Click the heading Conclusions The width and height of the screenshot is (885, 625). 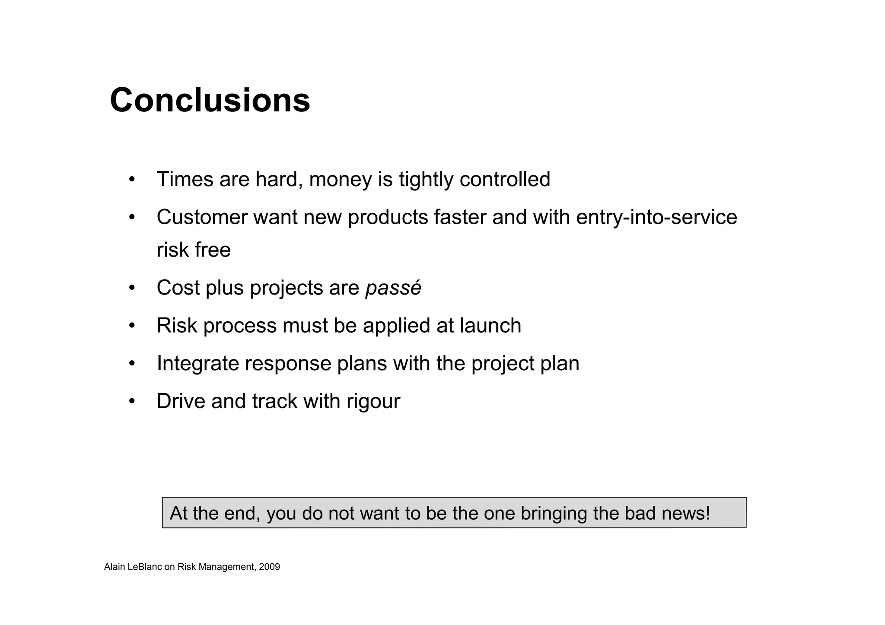tap(210, 100)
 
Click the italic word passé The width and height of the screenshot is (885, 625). tap(393, 288)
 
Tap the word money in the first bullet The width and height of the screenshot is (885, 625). tap(340, 179)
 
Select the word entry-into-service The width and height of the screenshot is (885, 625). tap(656, 217)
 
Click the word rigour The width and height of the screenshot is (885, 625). tap(373, 401)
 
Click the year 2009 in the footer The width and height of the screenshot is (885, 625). tap(269, 567)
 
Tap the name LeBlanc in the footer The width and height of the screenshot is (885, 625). tap(145, 567)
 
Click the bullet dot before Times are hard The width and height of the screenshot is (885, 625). tap(132, 179)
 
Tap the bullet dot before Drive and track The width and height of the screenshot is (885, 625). tap(132, 401)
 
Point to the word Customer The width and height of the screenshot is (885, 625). tap(202, 217)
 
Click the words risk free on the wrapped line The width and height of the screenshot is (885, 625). tap(194, 250)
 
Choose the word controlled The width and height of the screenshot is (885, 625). tap(505, 179)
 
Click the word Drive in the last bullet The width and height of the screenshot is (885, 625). tap(181, 401)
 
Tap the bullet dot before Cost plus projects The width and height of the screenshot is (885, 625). tap(132, 288)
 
